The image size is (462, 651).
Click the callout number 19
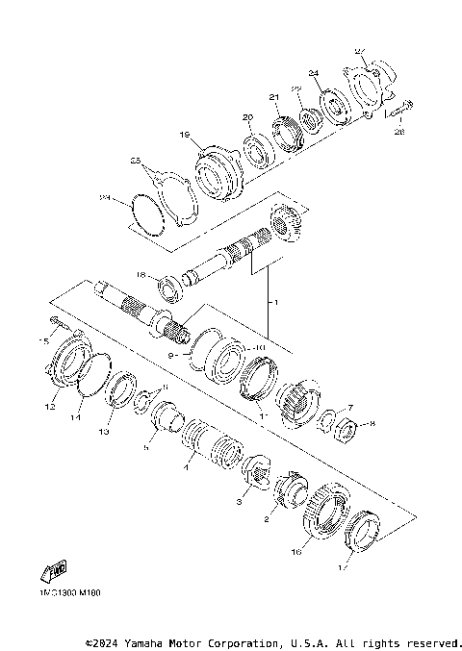pyautogui.click(x=185, y=136)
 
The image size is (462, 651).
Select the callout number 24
pyautogui.click(x=313, y=73)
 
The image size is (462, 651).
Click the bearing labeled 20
pyautogui.click(x=258, y=151)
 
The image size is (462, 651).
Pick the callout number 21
pyautogui.click(x=273, y=97)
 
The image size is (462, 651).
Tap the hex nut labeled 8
pyautogui.click(x=347, y=426)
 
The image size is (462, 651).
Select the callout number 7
pyautogui.click(x=350, y=408)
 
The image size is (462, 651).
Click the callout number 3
pyautogui.click(x=241, y=502)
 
